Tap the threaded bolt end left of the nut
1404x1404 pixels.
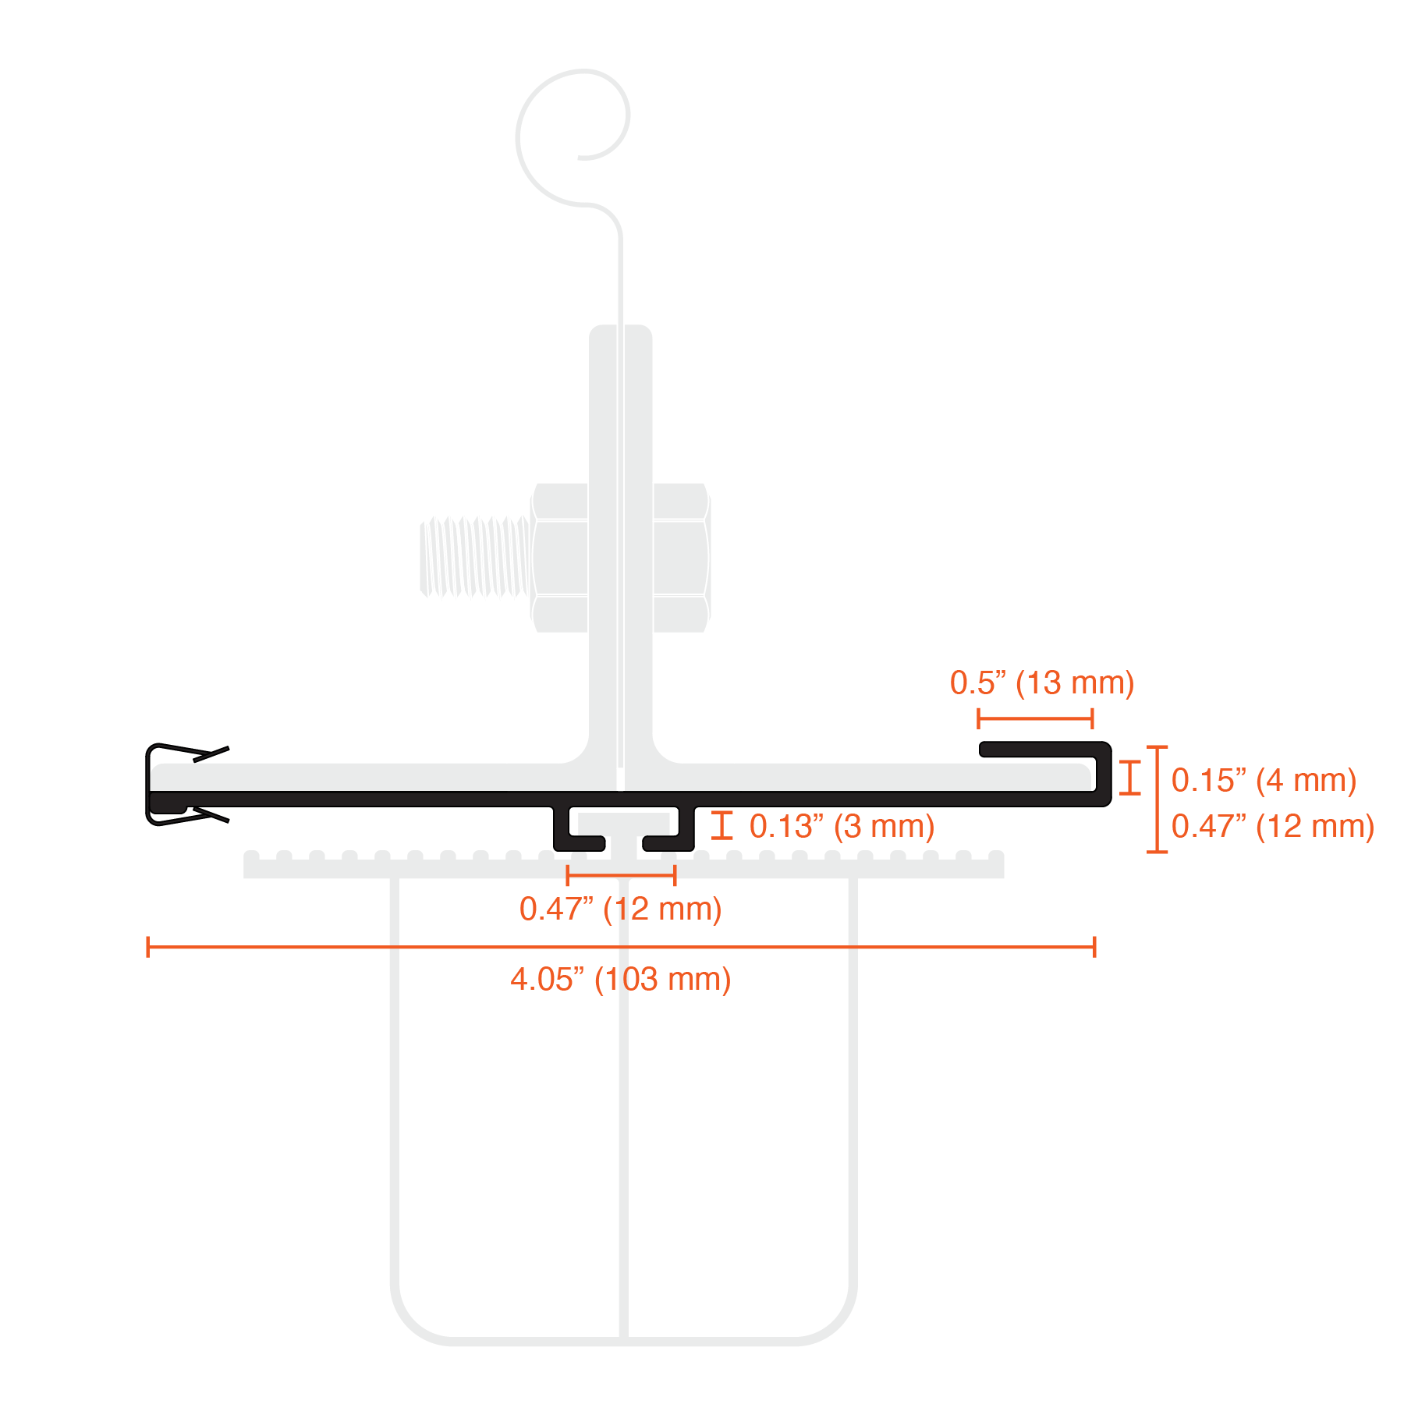473,557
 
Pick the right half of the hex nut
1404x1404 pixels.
682,557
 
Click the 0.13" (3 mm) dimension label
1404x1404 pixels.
840,826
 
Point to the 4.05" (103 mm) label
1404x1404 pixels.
620,979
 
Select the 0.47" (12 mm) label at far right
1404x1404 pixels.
1271,827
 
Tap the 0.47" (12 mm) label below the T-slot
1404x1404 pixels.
620,909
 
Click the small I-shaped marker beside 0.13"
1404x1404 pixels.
723,830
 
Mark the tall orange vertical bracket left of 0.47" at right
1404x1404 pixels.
1157,799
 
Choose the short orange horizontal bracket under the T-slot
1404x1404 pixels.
621,875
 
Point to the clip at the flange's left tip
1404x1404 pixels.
168,784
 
